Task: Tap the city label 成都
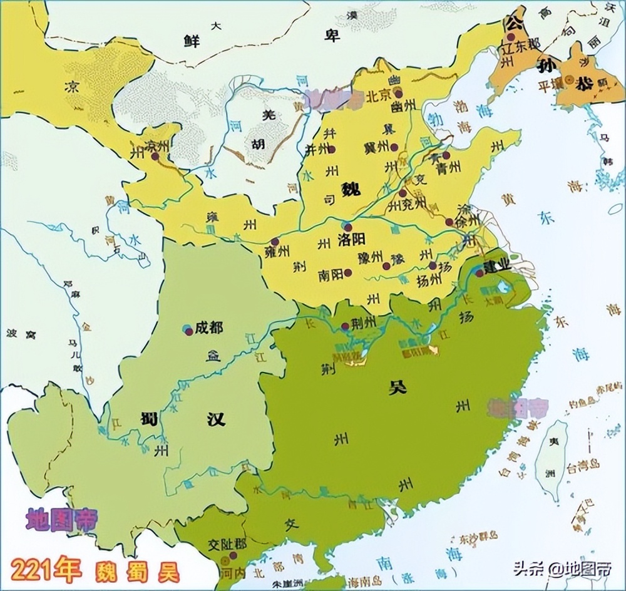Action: (208, 327)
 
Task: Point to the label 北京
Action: (378, 96)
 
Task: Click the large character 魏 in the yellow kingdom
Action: (352, 188)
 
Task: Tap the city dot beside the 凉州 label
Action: (155, 156)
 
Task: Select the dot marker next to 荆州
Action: (346, 326)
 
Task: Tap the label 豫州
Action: (370, 256)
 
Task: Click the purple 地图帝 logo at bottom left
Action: (61, 520)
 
